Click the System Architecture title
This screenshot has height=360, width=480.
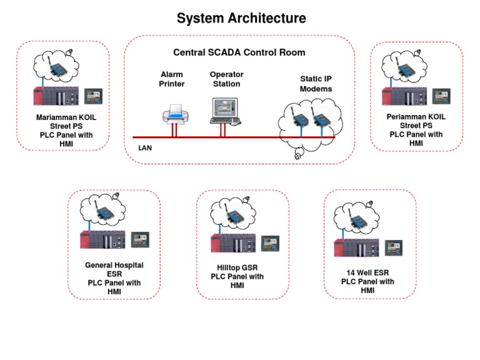(x=241, y=18)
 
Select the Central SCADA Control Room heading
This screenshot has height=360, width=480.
(x=239, y=52)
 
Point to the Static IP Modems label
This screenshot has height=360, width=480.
(x=316, y=84)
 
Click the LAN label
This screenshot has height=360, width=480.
(x=145, y=149)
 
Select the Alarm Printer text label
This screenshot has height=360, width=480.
(x=172, y=79)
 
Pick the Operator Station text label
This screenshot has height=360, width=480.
(x=226, y=79)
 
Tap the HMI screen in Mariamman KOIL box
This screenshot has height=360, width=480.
(x=92, y=96)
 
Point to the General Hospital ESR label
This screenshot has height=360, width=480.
(x=114, y=269)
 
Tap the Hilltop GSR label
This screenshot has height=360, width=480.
(x=237, y=267)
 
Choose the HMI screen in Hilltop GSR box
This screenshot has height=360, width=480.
(x=270, y=242)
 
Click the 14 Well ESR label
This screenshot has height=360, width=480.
(x=367, y=273)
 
